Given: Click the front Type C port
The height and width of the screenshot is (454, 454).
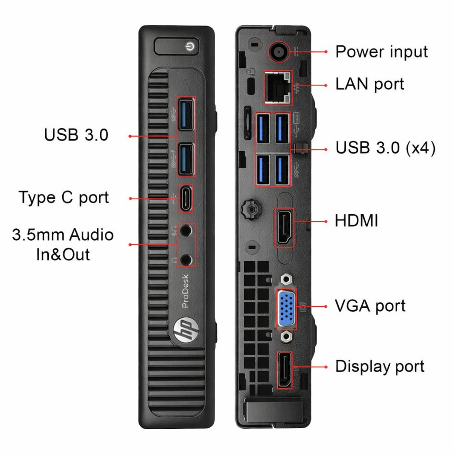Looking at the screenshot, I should (186, 198).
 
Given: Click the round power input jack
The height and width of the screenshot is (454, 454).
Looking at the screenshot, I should (278, 52).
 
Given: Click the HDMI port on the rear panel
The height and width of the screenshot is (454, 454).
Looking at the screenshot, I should (285, 227).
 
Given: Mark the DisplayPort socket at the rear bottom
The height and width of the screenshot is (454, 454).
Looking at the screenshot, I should (284, 369).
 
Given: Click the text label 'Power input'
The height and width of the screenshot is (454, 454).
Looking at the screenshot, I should (381, 52).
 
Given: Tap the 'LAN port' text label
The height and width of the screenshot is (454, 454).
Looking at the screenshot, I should (370, 84).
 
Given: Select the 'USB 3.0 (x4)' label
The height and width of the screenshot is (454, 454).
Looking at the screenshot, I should (385, 148).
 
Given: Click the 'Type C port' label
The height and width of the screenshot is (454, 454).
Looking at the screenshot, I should (64, 198).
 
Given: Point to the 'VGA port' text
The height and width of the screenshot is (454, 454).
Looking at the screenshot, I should (370, 306).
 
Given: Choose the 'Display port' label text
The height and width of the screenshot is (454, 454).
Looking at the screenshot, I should (380, 367).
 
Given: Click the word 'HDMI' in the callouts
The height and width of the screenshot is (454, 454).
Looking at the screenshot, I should (356, 220).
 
